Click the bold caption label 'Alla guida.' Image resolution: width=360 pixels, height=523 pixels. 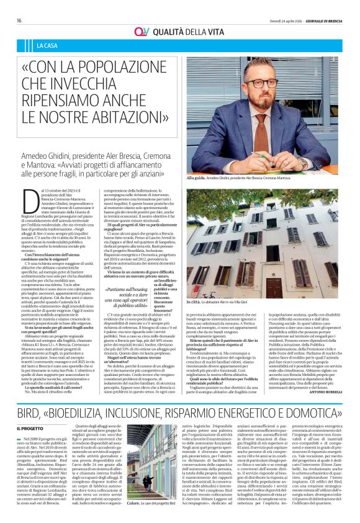tap(197, 178)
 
